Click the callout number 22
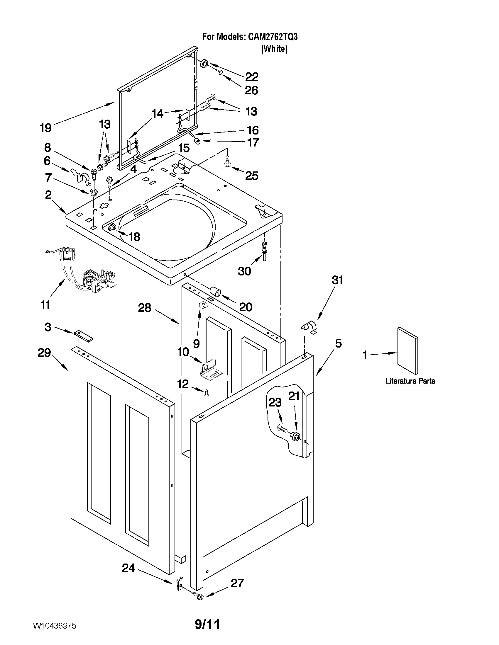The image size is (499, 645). click(252, 77)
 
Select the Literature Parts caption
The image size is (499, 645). click(410, 381)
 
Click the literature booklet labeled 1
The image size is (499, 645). click(407, 350)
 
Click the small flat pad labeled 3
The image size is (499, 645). click(83, 336)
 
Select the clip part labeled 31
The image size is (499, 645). click(309, 328)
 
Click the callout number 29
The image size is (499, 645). click(44, 353)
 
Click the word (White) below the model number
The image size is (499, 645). click(274, 49)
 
